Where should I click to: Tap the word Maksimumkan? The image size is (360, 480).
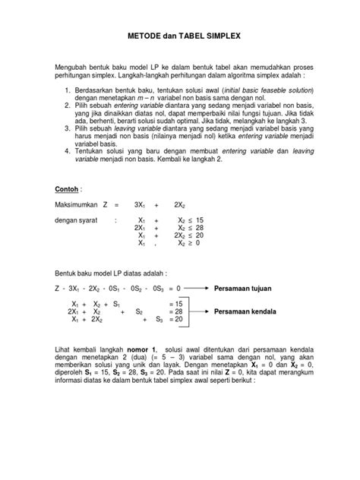point(77,205)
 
